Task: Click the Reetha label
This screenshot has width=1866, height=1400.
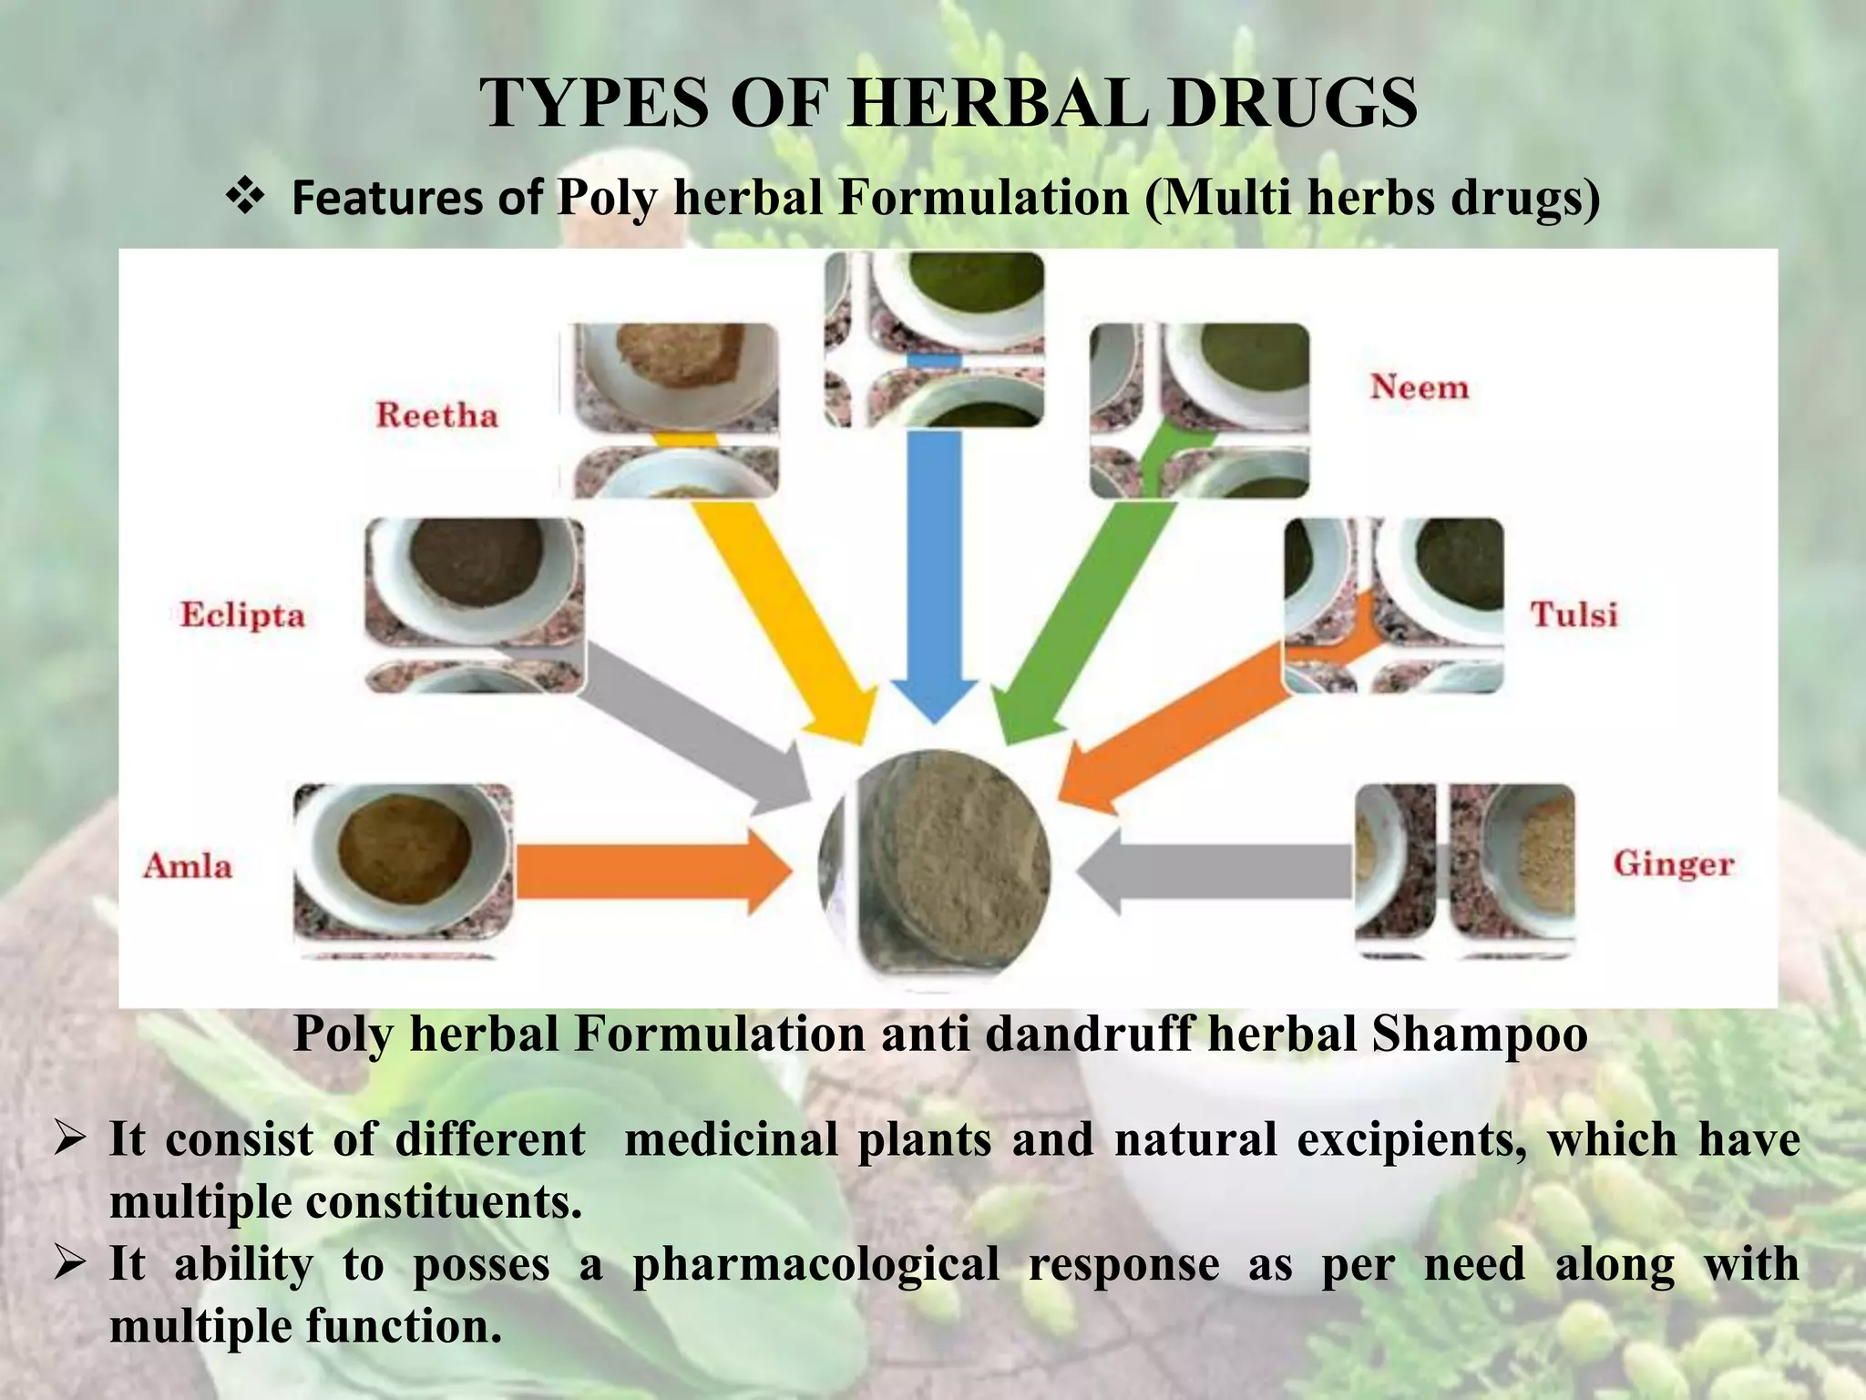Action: (x=437, y=416)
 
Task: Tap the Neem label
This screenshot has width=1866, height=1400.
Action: (x=1420, y=387)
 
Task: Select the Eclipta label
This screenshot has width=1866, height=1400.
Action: (x=242, y=614)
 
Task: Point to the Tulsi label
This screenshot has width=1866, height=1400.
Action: (x=1574, y=614)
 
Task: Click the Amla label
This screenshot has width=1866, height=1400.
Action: (x=188, y=865)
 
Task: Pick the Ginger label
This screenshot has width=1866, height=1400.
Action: (x=1674, y=863)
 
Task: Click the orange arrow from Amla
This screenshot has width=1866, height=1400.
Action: (x=651, y=870)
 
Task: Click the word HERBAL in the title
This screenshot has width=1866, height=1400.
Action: (x=997, y=102)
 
